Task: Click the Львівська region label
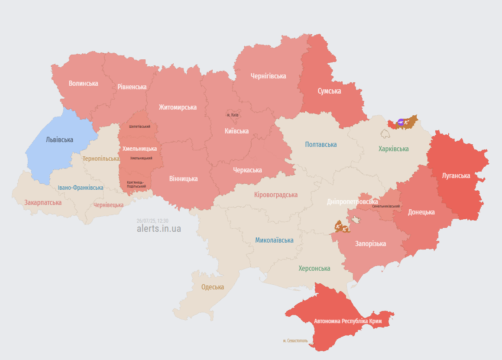pos(59,139)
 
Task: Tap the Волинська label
pos(83,83)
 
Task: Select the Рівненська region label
pos(132,87)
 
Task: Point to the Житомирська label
pos(178,107)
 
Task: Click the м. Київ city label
pos(233,115)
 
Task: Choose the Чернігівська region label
pos(268,76)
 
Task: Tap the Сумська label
pos(329,91)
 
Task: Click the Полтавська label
pos(321,144)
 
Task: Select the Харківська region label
pos(393,149)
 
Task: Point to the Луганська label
pos(456,175)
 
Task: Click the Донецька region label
pos(421,212)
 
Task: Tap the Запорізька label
pos(370,243)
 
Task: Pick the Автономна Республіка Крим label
pos(348,321)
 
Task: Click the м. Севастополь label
pos(295,341)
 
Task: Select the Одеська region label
pos(213,287)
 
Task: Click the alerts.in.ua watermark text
pos(159,228)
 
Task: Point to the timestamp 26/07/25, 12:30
pos(152,221)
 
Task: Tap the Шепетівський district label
pos(139,126)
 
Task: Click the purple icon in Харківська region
pos(401,122)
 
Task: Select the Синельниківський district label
pos(385,206)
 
